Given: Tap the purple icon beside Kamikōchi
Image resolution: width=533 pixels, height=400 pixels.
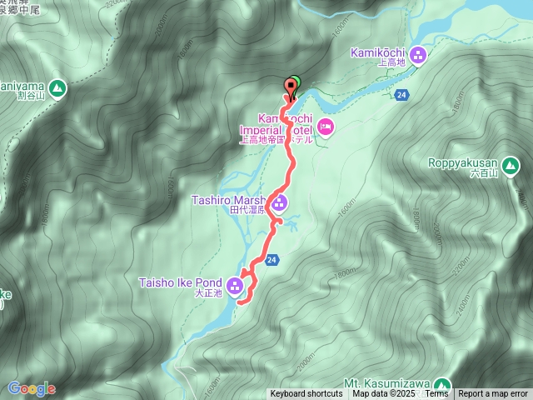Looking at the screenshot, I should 418,55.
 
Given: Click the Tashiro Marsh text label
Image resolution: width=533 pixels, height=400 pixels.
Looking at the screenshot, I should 227,200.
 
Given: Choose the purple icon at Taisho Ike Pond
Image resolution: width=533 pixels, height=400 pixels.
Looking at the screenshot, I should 235,287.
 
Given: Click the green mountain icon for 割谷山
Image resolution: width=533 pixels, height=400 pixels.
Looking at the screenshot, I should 57,87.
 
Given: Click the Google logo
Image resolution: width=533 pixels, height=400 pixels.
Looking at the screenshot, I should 31,388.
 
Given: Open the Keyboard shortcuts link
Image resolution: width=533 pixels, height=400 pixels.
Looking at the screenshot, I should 306,394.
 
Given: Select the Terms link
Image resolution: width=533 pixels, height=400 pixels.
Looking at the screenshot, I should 436,394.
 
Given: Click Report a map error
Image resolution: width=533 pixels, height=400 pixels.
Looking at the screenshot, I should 494,394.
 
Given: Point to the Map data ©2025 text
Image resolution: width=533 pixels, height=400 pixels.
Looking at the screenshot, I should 382,394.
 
